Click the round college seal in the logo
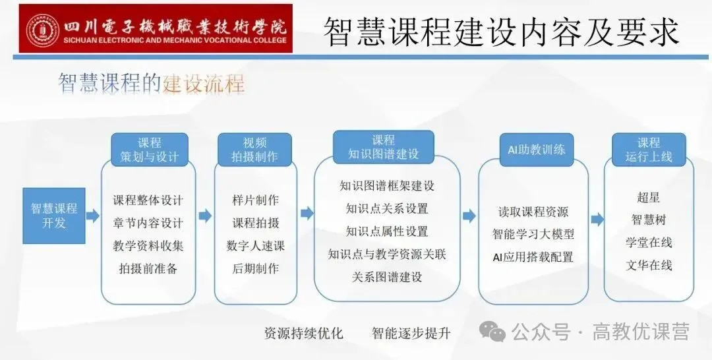(x=43, y=30)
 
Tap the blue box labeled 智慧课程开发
(x=54, y=216)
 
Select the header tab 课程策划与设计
(x=149, y=150)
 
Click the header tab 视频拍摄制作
(x=255, y=150)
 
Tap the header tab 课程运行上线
(x=648, y=150)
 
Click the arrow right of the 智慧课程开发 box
(x=93, y=216)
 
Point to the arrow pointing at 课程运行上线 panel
(x=597, y=219)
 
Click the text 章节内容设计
(x=148, y=223)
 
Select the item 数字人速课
(x=255, y=245)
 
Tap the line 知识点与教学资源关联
(x=387, y=254)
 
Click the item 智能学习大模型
(x=533, y=235)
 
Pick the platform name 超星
(x=648, y=197)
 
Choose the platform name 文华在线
(x=648, y=265)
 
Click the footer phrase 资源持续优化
(x=303, y=333)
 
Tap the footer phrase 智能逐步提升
(x=411, y=333)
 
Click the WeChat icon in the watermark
(x=493, y=331)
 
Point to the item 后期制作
(x=255, y=268)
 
